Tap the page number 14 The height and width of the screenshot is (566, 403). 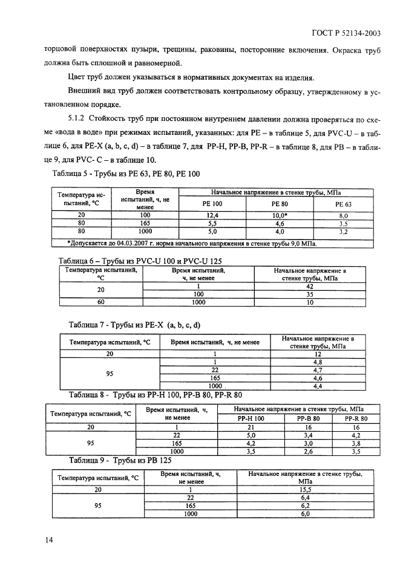[50, 540]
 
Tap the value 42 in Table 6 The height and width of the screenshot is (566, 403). [310, 286]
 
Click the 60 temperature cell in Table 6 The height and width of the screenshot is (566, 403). [100, 302]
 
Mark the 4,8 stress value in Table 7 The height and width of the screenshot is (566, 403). [317, 362]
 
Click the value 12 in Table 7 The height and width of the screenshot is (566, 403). [317, 354]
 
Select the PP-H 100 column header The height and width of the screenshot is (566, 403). [251, 418]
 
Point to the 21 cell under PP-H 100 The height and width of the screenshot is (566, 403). [251, 426]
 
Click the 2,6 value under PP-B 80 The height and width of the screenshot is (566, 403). [307, 451]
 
